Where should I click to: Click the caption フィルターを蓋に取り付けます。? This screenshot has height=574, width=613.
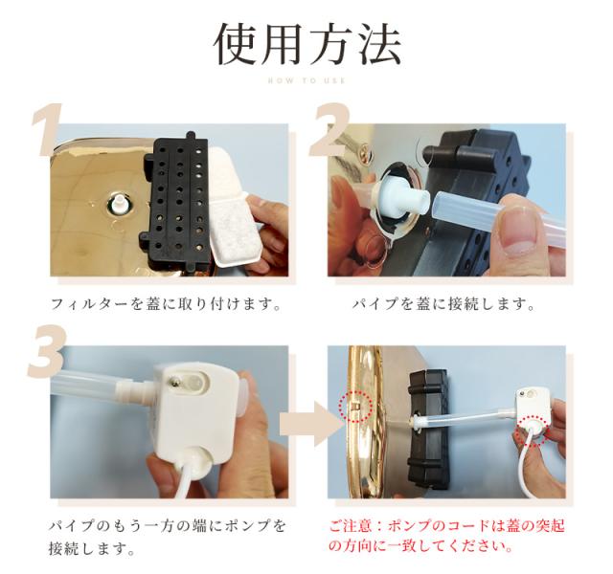pos(165,305)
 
